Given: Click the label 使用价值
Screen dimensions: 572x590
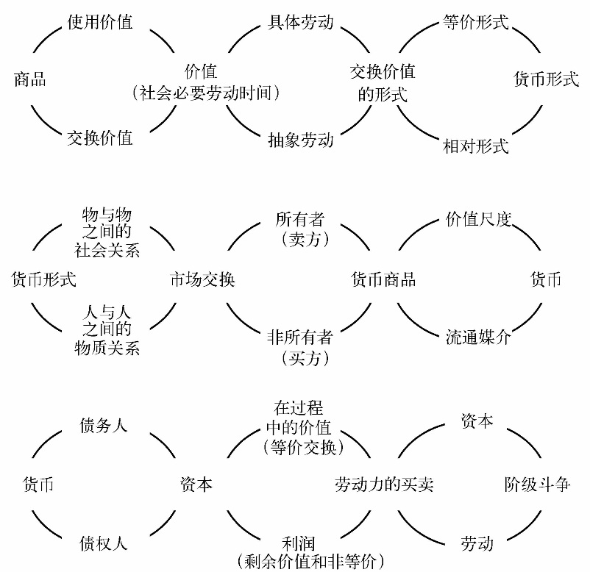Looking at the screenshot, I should (100, 22).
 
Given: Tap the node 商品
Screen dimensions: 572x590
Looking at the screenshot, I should (30, 79).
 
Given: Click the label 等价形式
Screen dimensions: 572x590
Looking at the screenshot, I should (476, 22).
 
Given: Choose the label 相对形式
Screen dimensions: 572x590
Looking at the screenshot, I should (476, 146).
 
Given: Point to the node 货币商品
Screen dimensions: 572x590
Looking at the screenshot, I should (383, 279).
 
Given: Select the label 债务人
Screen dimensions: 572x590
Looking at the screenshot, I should (104, 426).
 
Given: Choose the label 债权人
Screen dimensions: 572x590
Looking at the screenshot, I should (104, 543).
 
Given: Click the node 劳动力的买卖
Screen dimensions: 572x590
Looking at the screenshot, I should (384, 485).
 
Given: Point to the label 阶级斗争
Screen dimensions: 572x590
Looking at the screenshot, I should (537, 485).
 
